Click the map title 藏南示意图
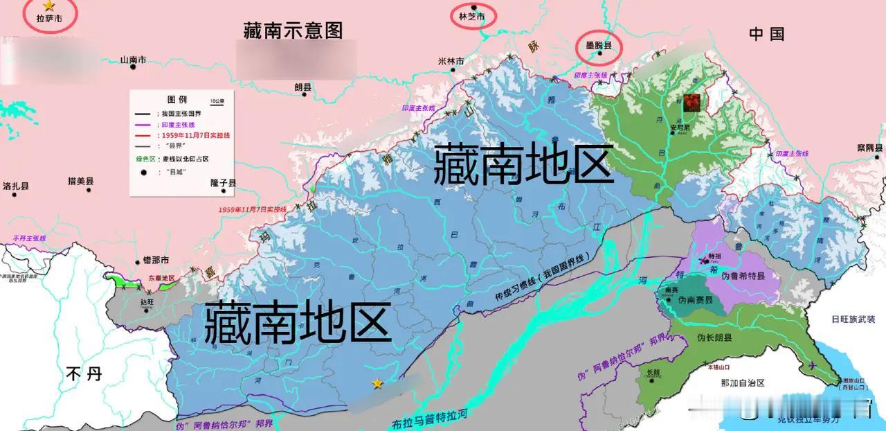click(293, 30)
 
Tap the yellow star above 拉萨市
click(48, 6)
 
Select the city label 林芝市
click(472, 16)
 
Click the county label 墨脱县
click(599, 45)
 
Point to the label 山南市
click(133, 60)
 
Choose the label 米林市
click(451, 61)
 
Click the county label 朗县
click(303, 87)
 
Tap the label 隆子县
click(224, 183)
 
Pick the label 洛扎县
click(16, 186)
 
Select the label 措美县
click(80, 181)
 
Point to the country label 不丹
click(84, 374)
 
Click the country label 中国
click(767, 34)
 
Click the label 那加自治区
click(742, 382)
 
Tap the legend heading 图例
click(177, 100)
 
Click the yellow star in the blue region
click(377, 383)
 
